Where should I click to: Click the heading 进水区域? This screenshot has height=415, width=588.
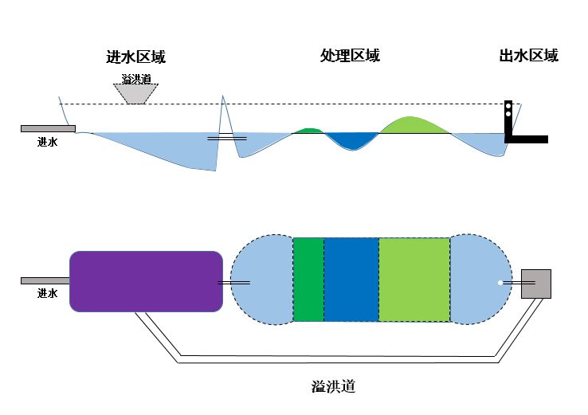pyautogui.click(x=135, y=57)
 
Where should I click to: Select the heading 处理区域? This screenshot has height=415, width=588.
pyautogui.click(x=350, y=56)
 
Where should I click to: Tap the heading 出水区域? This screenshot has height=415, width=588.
pyautogui.click(x=528, y=56)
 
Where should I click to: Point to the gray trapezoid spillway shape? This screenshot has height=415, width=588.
pyautogui.click(x=139, y=93)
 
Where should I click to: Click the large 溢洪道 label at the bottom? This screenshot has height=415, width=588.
pyautogui.click(x=332, y=387)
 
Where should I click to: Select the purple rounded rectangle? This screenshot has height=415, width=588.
pyautogui.click(x=146, y=280)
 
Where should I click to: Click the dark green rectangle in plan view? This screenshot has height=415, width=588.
pyautogui.click(x=308, y=280)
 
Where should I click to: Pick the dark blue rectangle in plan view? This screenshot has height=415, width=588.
pyautogui.click(x=351, y=280)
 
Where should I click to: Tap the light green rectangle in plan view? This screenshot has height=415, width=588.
pyautogui.click(x=414, y=280)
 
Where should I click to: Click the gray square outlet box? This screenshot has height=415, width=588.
pyautogui.click(x=535, y=283)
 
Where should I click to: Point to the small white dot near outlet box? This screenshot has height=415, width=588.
pyautogui.click(x=500, y=283)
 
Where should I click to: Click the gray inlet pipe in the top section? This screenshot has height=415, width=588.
pyautogui.click(x=48, y=128)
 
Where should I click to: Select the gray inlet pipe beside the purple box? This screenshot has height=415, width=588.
pyautogui.click(x=45, y=280)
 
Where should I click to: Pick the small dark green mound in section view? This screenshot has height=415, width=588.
pyautogui.click(x=308, y=130)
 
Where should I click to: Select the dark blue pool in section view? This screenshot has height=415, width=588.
pyautogui.click(x=351, y=140)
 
